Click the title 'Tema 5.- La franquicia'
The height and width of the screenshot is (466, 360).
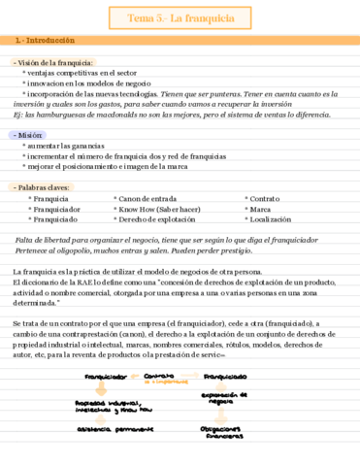coord(180,18)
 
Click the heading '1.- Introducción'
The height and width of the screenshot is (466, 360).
coord(40,42)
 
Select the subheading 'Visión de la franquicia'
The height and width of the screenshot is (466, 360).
coord(55,62)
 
